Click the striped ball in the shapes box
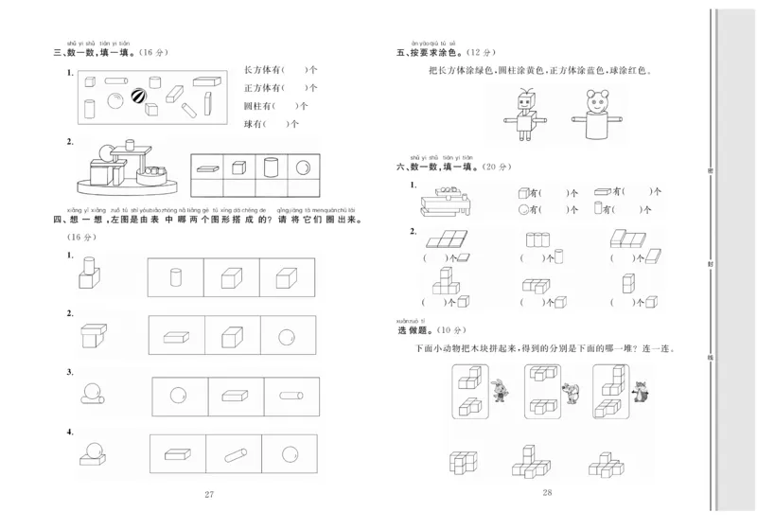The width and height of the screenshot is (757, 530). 139,97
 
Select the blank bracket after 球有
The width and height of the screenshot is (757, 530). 279,124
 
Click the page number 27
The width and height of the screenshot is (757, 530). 210,494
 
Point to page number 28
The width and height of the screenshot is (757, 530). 547,492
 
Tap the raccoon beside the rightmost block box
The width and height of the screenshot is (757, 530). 640,390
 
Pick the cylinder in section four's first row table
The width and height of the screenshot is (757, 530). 176,277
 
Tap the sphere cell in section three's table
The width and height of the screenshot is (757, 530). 303,168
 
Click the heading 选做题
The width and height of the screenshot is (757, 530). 416,331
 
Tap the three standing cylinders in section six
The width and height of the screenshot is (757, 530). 537,238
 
